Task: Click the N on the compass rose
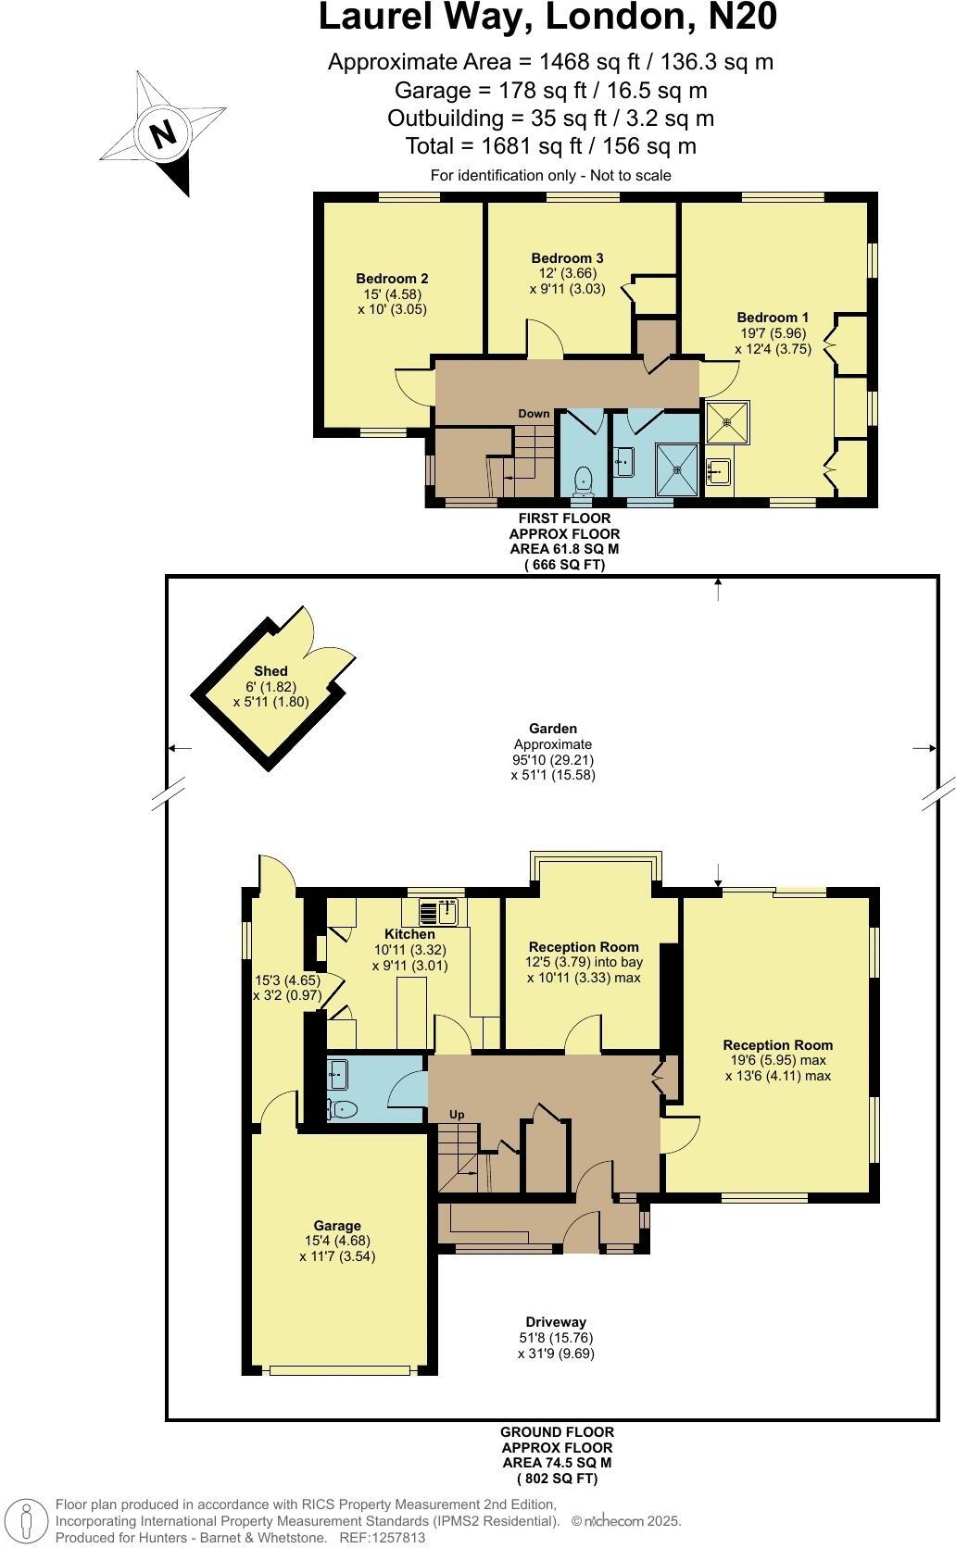[164, 134]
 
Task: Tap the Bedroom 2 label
[392, 278]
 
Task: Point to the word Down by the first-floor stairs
[534, 414]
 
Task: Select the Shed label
[270, 670]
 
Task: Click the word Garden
[553, 729]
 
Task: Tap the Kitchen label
[409, 934]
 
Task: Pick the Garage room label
[337, 1225]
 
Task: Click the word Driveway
[556, 1322]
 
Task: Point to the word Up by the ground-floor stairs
[457, 1115]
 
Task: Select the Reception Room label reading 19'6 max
[777, 1045]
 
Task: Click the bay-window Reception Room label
[584, 947]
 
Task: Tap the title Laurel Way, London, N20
[547, 18]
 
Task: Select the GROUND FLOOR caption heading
[557, 1431]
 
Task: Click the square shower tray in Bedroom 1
[728, 422]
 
